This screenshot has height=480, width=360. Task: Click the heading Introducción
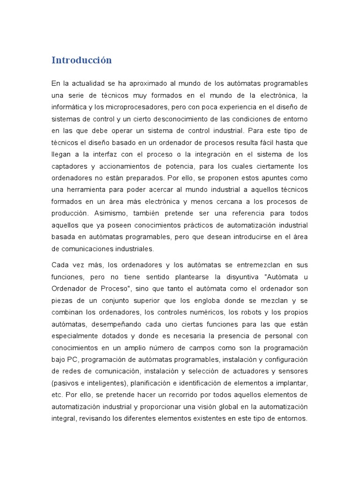pyautogui.click(x=82, y=60)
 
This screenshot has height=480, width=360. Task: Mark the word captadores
pyautogui.click(x=68, y=166)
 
